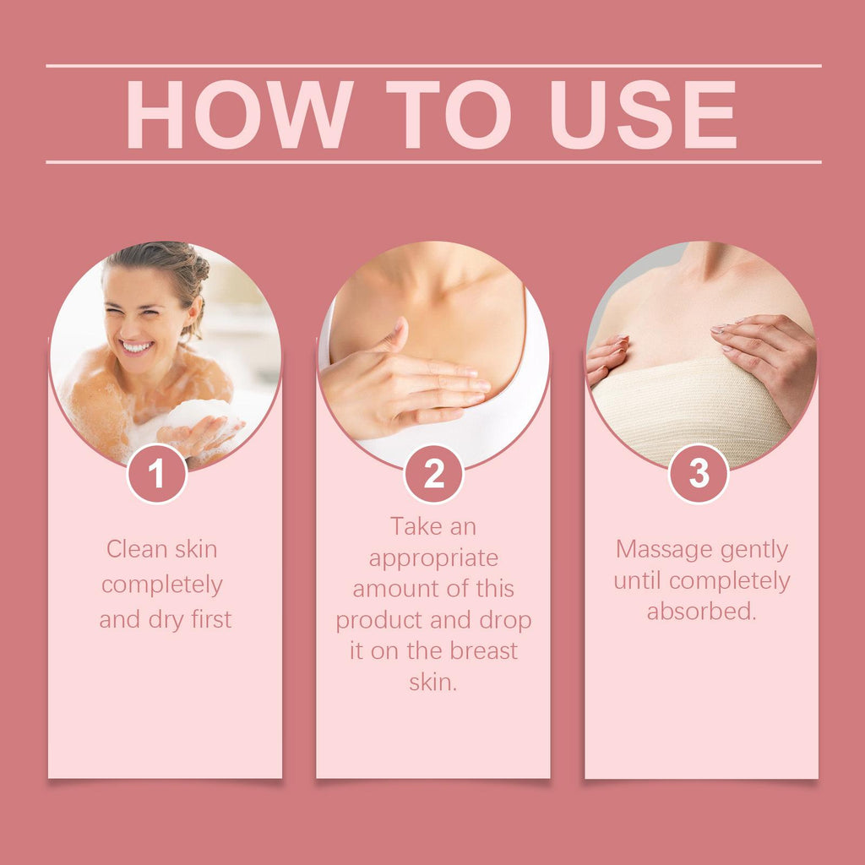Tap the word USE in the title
click(x=644, y=114)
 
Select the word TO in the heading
click(x=449, y=114)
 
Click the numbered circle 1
click(x=157, y=473)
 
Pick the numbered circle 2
click(x=433, y=473)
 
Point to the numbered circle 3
click(x=699, y=473)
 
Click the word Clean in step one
click(x=136, y=549)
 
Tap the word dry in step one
click(x=166, y=620)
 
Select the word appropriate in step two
click(x=433, y=559)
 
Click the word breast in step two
click(x=483, y=651)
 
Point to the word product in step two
click(x=379, y=621)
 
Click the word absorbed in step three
click(x=700, y=612)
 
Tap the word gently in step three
click(x=754, y=551)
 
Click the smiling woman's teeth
click(x=136, y=347)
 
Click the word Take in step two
click(x=412, y=526)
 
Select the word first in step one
click(x=211, y=619)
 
